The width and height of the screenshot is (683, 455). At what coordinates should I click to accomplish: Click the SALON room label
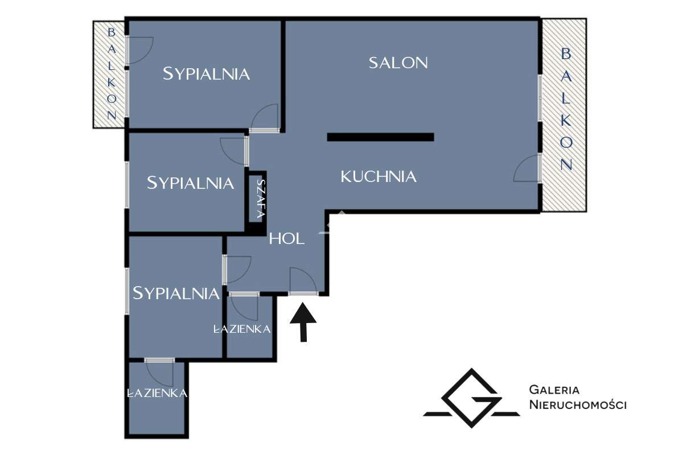398,63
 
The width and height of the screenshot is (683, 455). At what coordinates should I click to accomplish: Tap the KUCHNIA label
378,177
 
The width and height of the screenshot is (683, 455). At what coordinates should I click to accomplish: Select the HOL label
287,239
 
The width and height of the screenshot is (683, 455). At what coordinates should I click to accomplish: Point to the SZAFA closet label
261,198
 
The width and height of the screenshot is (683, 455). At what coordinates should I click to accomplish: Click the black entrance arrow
303,322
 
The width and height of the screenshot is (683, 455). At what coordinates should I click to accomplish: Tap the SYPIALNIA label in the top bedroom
207,74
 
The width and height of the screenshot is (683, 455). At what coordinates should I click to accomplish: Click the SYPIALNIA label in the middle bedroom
191,183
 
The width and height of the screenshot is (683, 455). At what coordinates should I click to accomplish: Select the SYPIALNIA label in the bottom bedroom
176,293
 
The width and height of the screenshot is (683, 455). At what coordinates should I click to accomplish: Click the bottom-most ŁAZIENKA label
157,393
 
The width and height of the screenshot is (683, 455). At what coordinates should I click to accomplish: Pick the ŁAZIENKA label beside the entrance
242,329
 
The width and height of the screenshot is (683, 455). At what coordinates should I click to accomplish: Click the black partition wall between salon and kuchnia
381,137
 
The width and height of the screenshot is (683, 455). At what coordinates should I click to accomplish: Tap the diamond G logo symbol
471,398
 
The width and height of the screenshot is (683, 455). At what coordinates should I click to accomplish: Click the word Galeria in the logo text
554,390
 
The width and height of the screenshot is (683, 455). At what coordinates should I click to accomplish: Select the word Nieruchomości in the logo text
578,404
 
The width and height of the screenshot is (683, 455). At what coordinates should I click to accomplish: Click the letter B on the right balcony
566,54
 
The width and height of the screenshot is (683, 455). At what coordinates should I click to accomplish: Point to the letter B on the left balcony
112,32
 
